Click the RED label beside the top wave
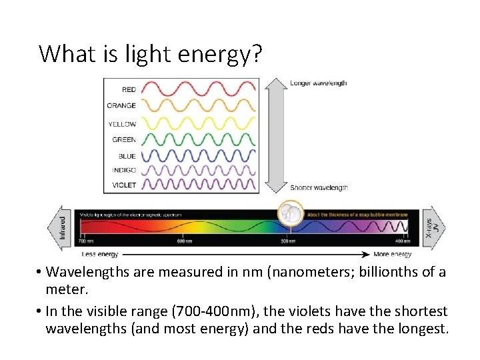pyautogui.click(x=129, y=89)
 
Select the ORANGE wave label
pyautogui.click(x=121, y=105)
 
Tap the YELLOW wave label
pyautogui.click(x=122, y=124)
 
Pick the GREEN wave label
pyautogui.click(x=124, y=140)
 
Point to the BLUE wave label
pyautogui.click(x=127, y=156)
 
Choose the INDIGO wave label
pyautogui.click(x=123, y=170)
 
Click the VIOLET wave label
pyautogui.click(x=123, y=185)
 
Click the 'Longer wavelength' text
pyautogui.click(x=318, y=83)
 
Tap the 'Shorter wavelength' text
pyautogui.click(x=319, y=188)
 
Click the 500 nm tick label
pyautogui.click(x=288, y=241)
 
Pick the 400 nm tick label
pyautogui.click(x=402, y=241)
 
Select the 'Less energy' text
pyautogui.click(x=101, y=254)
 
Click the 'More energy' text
pyautogui.click(x=393, y=254)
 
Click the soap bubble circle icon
pyautogui.click(x=290, y=213)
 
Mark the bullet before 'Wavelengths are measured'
pyautogui.click(x=41, y=272)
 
